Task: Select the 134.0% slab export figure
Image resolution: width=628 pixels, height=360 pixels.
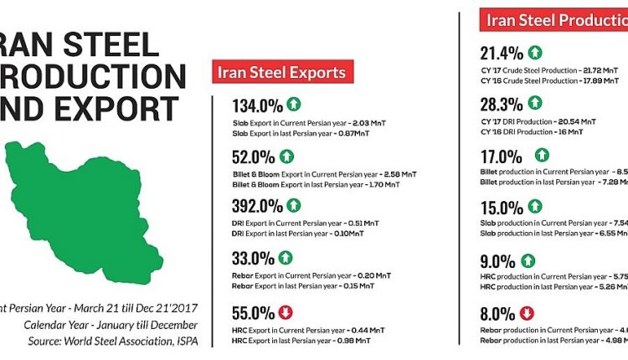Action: [x=257, y=105]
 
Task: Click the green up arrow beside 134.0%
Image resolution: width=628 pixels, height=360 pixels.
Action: [x=293, y=105]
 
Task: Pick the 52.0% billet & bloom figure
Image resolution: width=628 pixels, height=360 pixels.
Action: [x=254, y=156]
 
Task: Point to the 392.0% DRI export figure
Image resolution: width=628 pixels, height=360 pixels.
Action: [x=257, y=206]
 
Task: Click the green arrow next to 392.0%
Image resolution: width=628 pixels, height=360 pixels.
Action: [x=294, y=205]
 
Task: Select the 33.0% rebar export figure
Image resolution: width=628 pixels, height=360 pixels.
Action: [x=254, y=258]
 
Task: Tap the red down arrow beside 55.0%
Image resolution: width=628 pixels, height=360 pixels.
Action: [x=286, y=312]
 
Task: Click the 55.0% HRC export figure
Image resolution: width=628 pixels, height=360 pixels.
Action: [x=254, y=313]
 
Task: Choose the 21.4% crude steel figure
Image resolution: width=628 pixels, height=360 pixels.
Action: [x=499, y=53]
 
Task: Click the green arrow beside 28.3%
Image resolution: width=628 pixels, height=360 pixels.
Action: [x=535, y=103]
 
